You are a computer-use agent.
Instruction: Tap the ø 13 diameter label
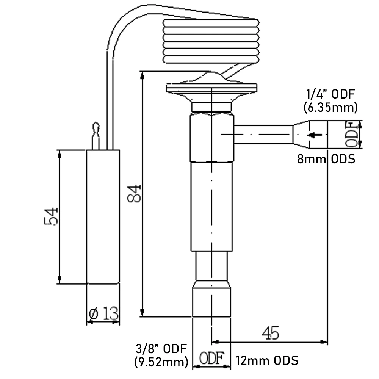click(x=103, y=313)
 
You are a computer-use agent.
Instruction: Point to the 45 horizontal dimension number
click(x=270, y=333)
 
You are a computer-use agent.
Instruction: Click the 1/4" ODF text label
click(x=332, y=94)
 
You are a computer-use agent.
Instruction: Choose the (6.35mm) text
click(x=330, y=108)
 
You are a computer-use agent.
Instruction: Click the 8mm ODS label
click(x=326, y=159)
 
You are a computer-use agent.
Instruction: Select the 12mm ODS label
click(x=267, y=360)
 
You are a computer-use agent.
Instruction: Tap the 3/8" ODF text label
click(x=161, y=348)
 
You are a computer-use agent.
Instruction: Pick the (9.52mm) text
click(x=161, y=362)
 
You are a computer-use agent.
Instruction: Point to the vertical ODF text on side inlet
click(x=351, y=135)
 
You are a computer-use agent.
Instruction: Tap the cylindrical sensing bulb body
click(x=103, y=216)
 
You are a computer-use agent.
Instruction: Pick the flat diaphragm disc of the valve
click(x=211, y=88)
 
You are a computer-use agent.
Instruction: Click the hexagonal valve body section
click(x=211, y=136)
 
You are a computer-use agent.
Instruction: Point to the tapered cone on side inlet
click(x=301, y=135)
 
